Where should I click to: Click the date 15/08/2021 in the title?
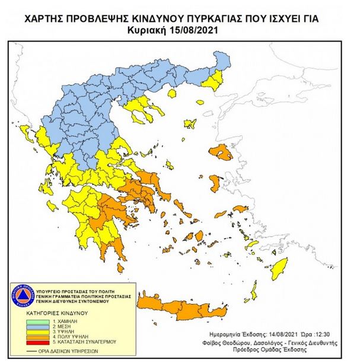point(199,30)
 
